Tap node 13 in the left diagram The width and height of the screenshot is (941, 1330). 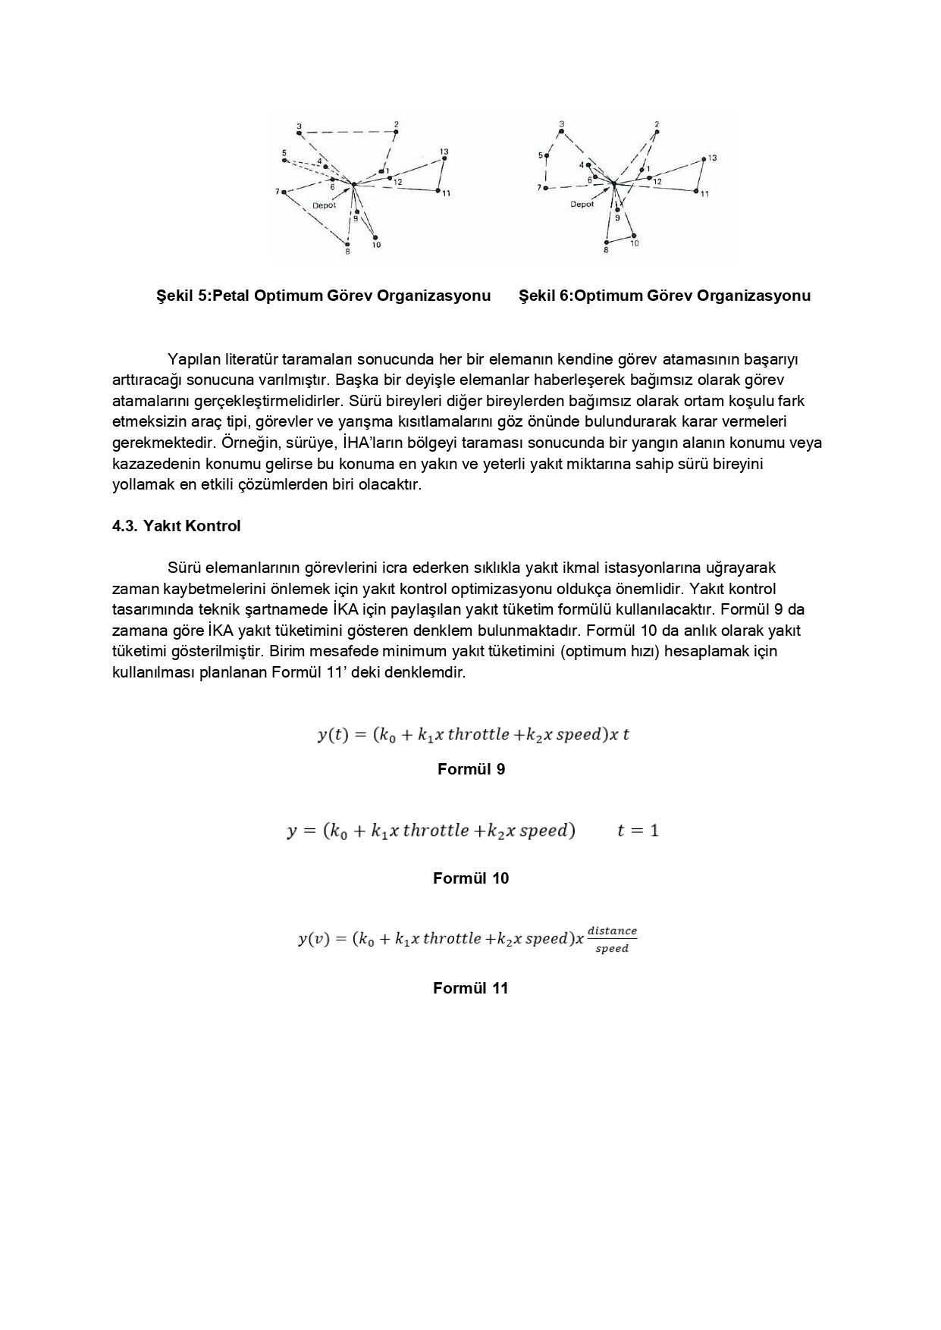[445, 157]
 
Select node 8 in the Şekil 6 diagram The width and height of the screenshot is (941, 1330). [607, 243]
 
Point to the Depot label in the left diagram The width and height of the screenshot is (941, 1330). [324, 205]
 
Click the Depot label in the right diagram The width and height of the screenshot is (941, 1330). [582, 204]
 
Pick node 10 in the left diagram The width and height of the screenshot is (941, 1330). [375, 237]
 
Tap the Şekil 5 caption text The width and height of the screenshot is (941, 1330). [324, 296]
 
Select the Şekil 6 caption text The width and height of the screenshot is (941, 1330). [664, 296]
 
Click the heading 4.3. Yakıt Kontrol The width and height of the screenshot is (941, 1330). [176, 526]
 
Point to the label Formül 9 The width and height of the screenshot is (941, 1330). [471, 769]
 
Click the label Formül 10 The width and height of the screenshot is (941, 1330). [471, 878]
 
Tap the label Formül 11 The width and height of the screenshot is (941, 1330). [471, 988]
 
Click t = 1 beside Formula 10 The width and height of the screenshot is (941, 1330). [638, 831]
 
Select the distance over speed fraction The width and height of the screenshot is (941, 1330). [612, 940]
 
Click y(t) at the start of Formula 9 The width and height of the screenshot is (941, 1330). [331, 734]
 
